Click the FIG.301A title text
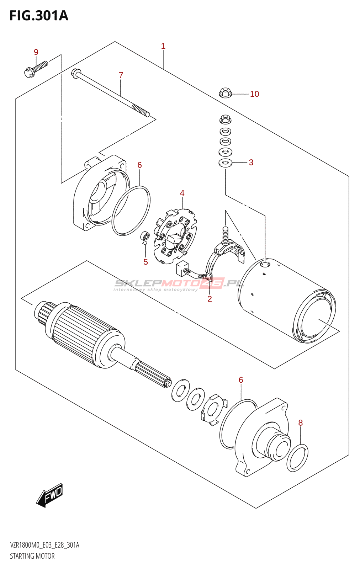38,16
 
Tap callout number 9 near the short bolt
36,52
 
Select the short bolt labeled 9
35,69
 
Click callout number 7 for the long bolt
121,75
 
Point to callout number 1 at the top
163,46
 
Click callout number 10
254,94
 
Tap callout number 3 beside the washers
251,163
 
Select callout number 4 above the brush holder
182,193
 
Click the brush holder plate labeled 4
175,236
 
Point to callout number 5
145,262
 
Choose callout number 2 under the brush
210,299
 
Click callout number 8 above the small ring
301,423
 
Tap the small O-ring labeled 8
297,458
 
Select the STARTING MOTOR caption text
32,556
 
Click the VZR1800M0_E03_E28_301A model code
44,545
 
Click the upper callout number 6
139,165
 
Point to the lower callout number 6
241,380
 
